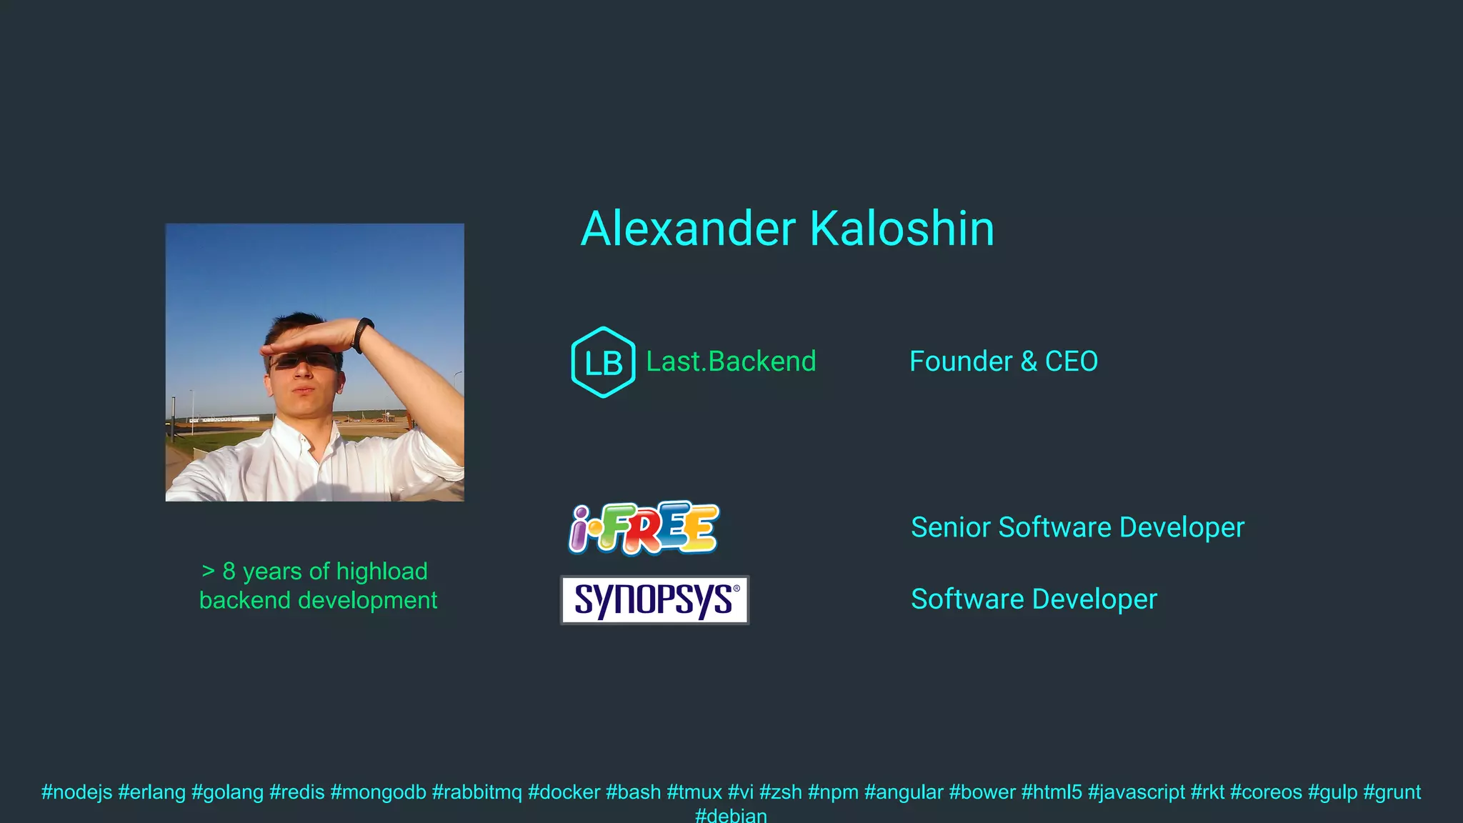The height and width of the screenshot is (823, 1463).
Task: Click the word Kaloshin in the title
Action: coord(902,229)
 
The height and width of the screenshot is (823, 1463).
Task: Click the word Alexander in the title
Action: coord(688,229)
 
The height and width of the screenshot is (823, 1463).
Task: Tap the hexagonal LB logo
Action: coord(603,362)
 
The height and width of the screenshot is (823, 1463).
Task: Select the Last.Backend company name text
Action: coord(731,361)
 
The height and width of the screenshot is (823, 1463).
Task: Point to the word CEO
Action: coord(1071,361)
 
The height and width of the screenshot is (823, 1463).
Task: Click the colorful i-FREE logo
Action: coord(644,529)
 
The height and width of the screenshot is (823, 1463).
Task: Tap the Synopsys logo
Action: coord(654,600)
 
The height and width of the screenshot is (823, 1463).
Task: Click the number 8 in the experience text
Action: coord(229,572)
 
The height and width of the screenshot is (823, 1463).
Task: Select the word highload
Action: coord(381,572)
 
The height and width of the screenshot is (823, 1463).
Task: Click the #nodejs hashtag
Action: coord(76,792)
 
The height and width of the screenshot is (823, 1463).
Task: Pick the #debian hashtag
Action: coord(731,815)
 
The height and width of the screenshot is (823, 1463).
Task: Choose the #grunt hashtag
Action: coord(1392,792)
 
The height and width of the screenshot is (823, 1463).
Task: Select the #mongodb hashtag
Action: coord(378,792)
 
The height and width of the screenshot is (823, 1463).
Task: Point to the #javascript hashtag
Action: coord(1136,792)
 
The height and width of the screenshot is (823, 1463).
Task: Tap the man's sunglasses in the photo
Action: coord(304,361)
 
